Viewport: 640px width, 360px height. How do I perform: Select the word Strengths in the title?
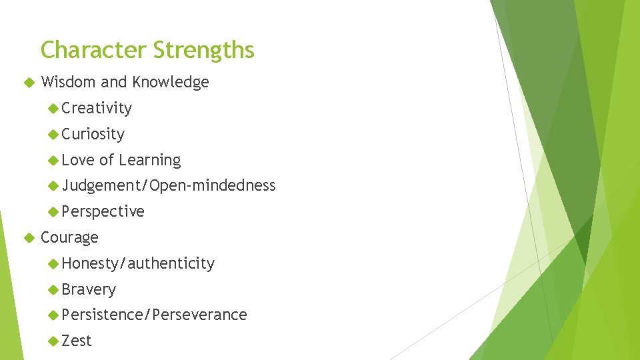(x=203, y=50)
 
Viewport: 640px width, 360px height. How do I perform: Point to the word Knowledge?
(x=171, y=82)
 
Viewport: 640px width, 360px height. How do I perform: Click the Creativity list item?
(x=97, y=108)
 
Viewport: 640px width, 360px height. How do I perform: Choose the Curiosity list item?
(x=93, y=134)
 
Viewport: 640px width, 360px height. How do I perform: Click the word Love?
(x=78, y=160)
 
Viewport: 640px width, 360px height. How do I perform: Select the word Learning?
(x=150, y=160)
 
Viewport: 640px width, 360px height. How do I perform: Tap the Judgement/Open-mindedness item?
(x=169, y=185)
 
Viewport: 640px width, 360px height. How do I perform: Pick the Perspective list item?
(x=103, y=211)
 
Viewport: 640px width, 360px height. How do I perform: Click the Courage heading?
(x=69, y=237)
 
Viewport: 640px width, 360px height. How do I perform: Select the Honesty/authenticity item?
(x=138, y=263)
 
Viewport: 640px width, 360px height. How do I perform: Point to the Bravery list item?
(x=89, y=289)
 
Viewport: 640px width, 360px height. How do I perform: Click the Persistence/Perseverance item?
(x=154, y=315)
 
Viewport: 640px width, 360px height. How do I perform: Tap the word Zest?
(x=77, y=341)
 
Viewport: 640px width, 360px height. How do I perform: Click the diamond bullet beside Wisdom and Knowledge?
(x=28, y=83)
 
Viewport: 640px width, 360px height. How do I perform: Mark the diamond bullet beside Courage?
(x=28, y=238)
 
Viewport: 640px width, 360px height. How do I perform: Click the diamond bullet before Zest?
(x=54, y=341)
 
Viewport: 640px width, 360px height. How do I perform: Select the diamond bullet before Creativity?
(x=54, y=109)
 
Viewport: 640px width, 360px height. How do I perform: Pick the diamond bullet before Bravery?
(x=54, y=290)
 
